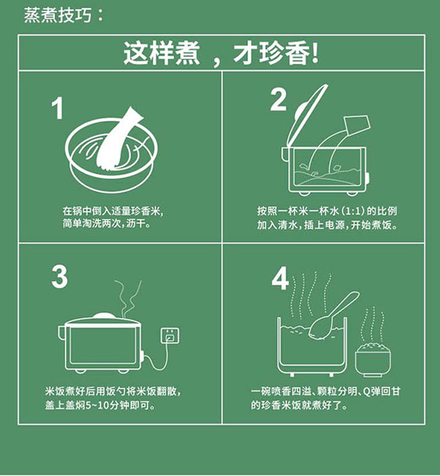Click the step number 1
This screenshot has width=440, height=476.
tap(57, 108)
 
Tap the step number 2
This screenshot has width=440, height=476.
tap(278, 99)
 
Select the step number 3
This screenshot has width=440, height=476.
tap(59, 276)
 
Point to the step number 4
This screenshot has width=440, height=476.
tap(280, 278)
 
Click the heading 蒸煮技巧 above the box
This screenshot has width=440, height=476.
tap(58, 15)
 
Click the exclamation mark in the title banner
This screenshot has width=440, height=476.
tap(315, 53)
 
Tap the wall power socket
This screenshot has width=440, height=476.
tap(170, 335)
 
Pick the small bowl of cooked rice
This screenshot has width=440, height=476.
tap(373, 359)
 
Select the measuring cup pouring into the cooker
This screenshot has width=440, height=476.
tap(358, 125)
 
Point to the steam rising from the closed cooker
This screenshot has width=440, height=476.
tap(128, 299)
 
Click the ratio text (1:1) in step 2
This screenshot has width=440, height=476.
tap(353, 211)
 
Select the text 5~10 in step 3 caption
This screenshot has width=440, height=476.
tap(97, 406)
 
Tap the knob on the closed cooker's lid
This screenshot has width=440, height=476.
tap(105, 316)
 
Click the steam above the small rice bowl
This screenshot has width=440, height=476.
tap(373, 324)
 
